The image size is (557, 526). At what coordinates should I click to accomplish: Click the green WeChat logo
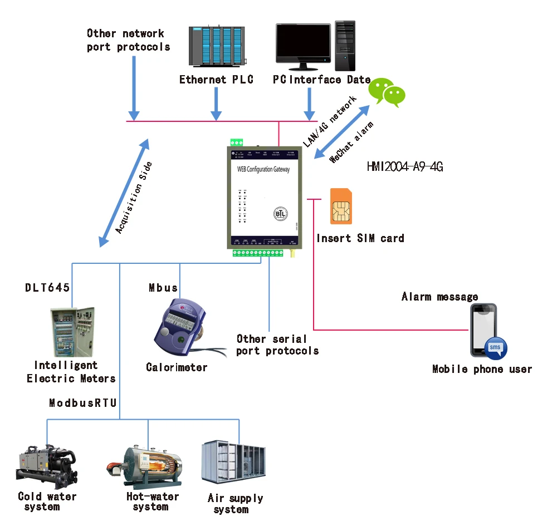pos(388,92)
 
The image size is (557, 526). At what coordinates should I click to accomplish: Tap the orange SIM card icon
pos(341,206)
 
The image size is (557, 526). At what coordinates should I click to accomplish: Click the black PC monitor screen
pos(303,43)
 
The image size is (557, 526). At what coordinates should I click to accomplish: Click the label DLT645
pos(47,288)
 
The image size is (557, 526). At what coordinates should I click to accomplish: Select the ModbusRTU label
pos(82,403)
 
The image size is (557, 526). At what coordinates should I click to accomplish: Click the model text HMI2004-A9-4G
pos(405,166)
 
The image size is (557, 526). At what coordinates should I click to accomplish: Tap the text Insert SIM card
pos(360,238)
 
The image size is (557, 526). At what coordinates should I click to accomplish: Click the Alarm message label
pos(439,297)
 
